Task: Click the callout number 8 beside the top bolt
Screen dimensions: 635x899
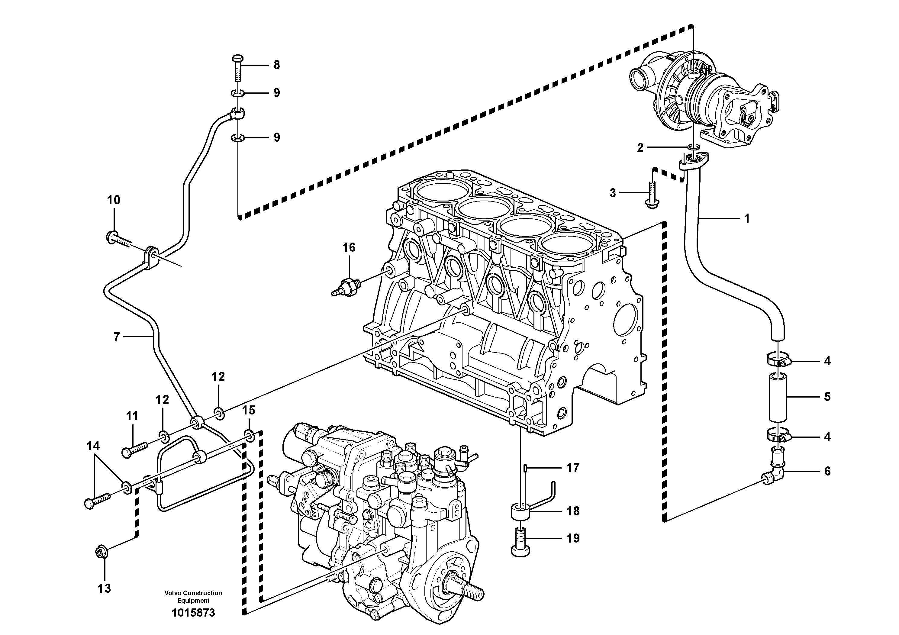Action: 276,65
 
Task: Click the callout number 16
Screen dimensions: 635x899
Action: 349,247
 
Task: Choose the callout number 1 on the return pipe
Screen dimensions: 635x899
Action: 747,218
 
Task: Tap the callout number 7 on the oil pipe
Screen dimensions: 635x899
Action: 116,337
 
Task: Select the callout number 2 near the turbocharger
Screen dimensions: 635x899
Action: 640,148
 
